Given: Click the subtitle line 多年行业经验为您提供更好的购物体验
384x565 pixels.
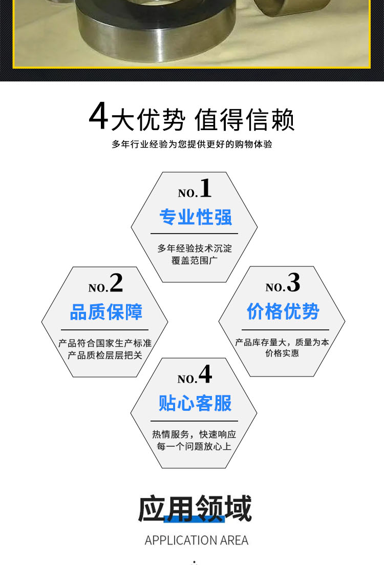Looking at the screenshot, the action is (x=192, y=144).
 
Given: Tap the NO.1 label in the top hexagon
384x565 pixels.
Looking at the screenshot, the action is (x=195, y=188).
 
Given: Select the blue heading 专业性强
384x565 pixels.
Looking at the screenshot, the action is (x=196, y=217).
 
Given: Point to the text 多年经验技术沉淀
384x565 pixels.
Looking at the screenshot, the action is (x=195, y=248).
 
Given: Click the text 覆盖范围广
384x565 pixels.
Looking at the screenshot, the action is (x=195, y=260).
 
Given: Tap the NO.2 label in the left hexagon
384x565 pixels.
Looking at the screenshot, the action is (x=105, y=283).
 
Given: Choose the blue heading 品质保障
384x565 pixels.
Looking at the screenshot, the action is (x=106, y=312).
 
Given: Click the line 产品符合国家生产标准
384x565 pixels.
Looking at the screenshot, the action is (x=105, y=343).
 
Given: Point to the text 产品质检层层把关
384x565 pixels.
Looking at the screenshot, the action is (x=105, y=355).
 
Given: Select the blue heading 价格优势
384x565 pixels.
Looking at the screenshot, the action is (x=283, y=311).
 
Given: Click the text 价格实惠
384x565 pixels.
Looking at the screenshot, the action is (x=282, y=353).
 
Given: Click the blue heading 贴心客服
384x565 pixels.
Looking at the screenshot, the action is (x=195, y=403).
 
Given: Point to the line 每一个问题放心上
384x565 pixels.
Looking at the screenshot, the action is (x=194, y=447).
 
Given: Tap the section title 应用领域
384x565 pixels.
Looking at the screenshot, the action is (x=195, y=509).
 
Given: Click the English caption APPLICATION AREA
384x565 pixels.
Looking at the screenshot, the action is (x=197, y=540).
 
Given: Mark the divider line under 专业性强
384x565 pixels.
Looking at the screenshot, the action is (x=194, y=234).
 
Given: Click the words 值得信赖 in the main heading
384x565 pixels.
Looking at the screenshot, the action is (x=245, y=120).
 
